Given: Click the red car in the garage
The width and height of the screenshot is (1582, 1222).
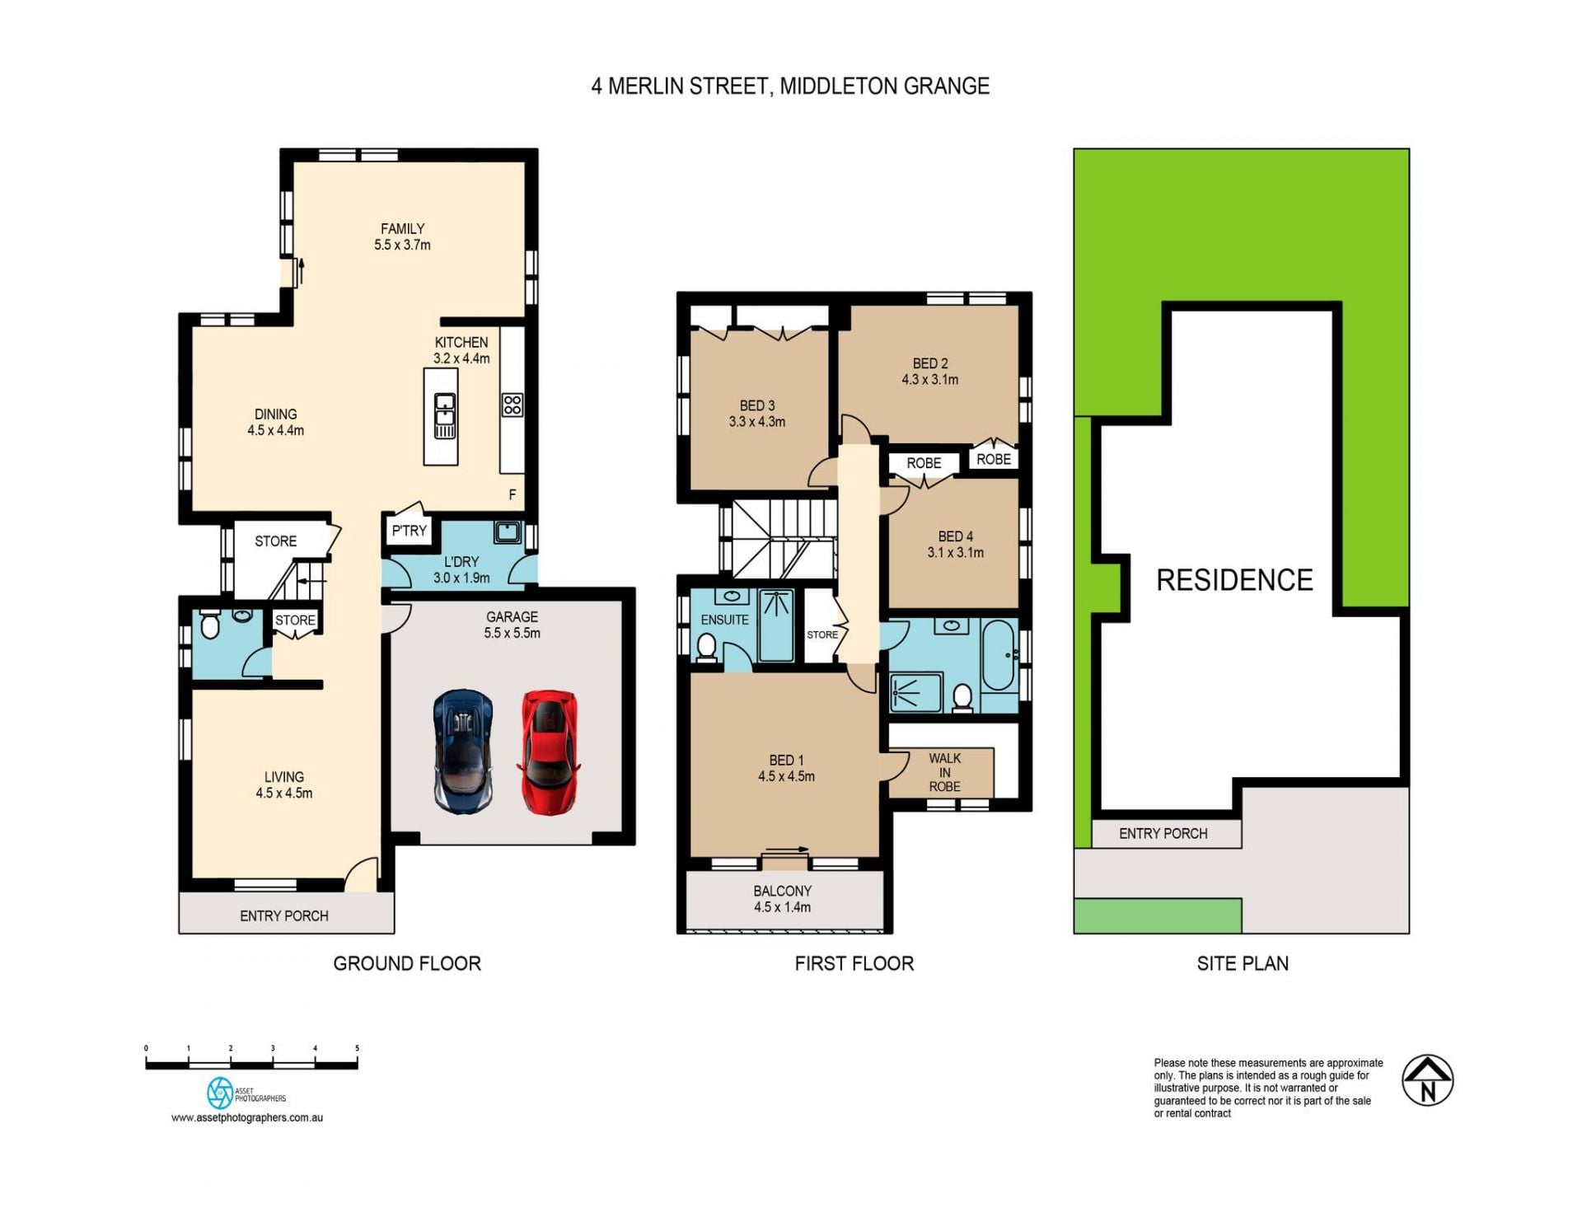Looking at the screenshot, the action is pos(549,752).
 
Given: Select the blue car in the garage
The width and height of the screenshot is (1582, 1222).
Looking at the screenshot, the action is pos(464,751).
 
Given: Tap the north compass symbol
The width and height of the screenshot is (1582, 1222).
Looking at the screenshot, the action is pos(1427,1079).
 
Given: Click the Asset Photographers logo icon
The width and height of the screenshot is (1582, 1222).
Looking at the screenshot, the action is pos(220,1093).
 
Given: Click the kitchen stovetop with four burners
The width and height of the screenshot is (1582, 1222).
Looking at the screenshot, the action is pos(512,405).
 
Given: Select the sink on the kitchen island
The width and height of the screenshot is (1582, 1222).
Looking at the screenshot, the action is pos(445,416).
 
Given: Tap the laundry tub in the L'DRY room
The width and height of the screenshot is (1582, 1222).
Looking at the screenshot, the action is pos(508,531).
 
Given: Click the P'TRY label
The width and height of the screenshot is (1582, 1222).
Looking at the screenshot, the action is pos(409,531).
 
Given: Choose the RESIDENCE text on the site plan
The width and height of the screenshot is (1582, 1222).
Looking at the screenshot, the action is pos(1234,580).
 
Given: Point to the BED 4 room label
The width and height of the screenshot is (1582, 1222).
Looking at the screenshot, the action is pos(955,536).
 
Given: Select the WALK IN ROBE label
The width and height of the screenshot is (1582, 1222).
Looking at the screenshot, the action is pos(945,772).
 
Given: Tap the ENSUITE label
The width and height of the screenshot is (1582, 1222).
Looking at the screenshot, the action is pos(724,620).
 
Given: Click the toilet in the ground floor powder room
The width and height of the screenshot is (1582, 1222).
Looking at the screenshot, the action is pos(210,625).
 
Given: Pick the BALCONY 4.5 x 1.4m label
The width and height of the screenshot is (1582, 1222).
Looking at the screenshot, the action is pos(782,899).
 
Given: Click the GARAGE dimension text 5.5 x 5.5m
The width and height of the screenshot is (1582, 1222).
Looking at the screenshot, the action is pos(512,633).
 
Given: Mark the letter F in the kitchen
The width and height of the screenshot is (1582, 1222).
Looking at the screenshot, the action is pos(513,494).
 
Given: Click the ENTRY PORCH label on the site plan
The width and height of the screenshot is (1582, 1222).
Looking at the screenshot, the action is pos(1163,834).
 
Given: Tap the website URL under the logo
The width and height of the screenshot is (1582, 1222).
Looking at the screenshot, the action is pos(247,1118).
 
